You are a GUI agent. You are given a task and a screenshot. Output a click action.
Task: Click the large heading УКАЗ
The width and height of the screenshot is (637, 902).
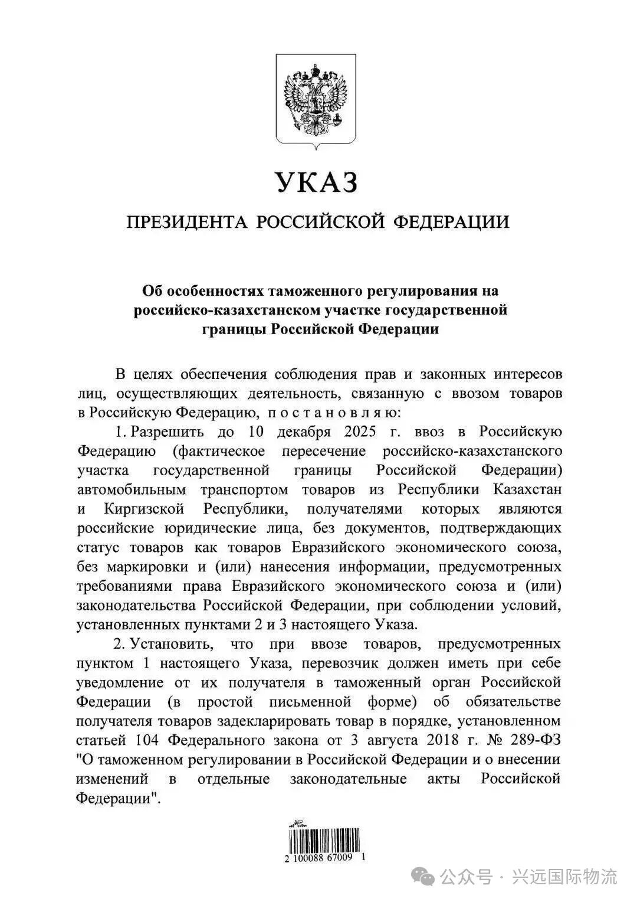pos(317,182)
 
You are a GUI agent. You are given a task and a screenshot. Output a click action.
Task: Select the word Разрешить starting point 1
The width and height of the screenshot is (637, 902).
pos(167,432)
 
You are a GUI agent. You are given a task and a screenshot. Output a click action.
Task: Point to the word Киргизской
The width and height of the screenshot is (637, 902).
pos(145,509)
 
